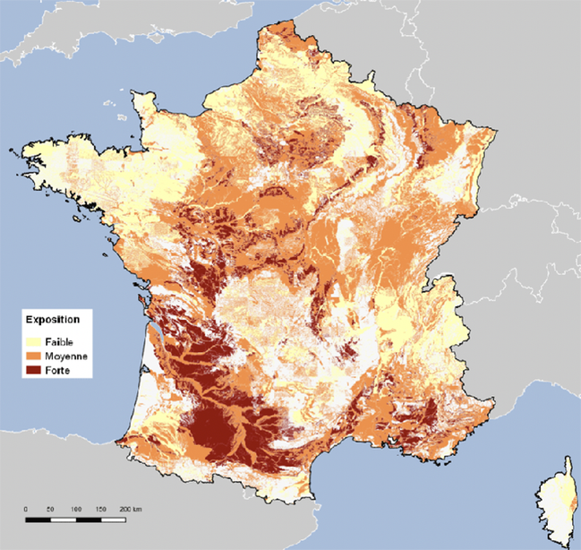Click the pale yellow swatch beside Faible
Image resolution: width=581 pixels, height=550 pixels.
(32, 341)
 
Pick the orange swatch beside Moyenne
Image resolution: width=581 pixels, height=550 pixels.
(32, 356)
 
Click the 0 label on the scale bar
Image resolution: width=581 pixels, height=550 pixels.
(25, 509)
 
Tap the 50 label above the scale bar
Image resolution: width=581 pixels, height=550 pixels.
(50, 509)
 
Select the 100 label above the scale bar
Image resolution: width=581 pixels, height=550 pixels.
(75, 509)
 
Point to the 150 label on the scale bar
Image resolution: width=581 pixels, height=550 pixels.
(100, 509)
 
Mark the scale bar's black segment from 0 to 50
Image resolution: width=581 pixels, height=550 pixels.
(38, 519)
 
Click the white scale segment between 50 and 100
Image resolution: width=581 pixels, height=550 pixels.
(63, 519)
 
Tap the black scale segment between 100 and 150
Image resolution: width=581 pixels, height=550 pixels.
(88, 519)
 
